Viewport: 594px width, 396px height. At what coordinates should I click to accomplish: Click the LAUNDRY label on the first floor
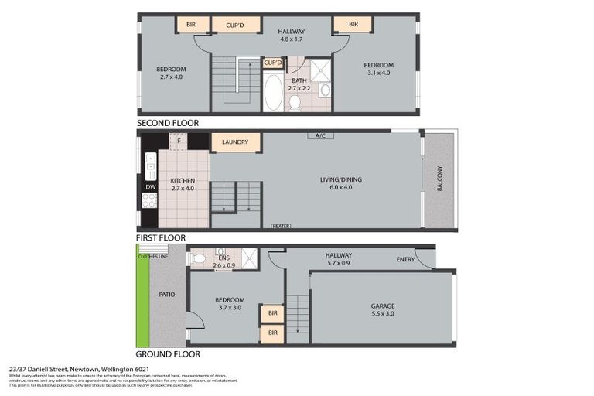pos(235,142)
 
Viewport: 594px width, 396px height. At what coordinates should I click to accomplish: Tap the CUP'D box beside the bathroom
pos(273,63)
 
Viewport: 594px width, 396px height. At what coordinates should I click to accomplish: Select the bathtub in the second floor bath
pos(273,93)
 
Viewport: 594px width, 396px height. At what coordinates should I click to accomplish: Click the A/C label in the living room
pos(319,136)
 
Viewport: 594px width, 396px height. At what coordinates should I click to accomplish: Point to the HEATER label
pos(281,226)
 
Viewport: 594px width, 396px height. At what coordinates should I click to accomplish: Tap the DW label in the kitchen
pos(150,186)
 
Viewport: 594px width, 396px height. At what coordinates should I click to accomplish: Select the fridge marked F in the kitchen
pos(179,142)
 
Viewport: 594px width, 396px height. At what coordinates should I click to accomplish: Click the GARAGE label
pos(382,306)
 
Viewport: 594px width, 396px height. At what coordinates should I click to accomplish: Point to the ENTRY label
pos(405,259)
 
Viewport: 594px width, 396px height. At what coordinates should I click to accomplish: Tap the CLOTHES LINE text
pos(152,256)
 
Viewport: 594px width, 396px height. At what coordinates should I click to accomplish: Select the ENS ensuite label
pos(224,258)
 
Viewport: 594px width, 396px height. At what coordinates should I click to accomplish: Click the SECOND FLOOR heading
pos(168,123)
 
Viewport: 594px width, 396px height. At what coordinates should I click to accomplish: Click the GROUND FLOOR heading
pos(168,354)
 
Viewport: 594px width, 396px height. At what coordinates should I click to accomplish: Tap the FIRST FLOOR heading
pos(162,238)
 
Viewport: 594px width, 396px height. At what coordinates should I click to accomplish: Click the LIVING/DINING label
pos(341,179)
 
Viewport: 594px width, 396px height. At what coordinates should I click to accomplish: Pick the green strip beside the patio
pos(142,302)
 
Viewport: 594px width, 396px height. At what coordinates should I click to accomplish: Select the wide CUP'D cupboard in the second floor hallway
pos(236,25)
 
